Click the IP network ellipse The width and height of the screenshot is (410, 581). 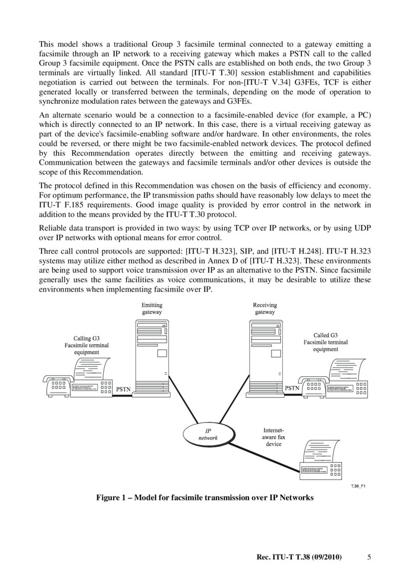click(208, 434)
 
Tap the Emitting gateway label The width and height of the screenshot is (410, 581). click(152, 308)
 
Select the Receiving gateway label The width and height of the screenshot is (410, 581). click(264, 308)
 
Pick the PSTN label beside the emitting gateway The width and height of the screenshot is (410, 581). click(124, 389)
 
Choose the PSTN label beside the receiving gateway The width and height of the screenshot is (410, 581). click(292, 389)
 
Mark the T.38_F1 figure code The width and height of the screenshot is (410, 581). click(358, 486)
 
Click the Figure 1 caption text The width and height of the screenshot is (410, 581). click(205, 497)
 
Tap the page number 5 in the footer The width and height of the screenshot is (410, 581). click(369, 557)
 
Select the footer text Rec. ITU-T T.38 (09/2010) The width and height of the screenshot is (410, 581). click(299, 557)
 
